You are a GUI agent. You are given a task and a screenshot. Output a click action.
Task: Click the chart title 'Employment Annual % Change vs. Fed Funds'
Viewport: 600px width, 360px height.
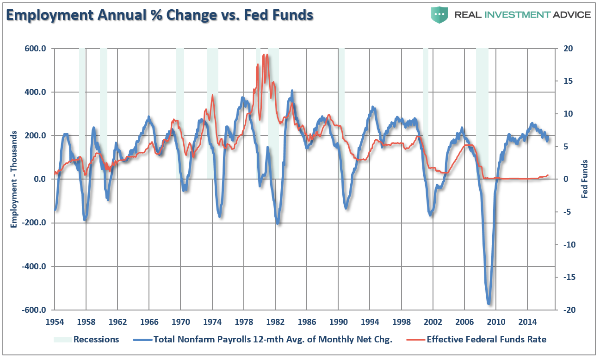click(x=160, y=15)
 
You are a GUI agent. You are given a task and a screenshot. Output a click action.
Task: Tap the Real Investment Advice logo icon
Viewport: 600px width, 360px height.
click(x=439, y=15)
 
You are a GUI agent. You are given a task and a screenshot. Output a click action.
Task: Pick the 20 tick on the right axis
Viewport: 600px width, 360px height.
click(x=567, y=49)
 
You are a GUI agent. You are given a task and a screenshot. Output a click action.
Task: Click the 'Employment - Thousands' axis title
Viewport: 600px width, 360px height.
click(x=14, y=179)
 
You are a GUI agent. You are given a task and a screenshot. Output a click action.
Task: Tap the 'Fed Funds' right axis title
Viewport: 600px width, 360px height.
click(x=585, y=179)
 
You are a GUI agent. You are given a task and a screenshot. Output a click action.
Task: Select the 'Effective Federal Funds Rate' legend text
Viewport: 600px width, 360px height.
click(x=486, y=340)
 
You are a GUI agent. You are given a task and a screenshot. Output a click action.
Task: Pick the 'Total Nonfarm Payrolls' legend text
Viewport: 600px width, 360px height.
click(x=272, y=340)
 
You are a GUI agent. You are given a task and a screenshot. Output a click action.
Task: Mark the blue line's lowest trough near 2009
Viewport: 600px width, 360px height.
click(x=489, y=304)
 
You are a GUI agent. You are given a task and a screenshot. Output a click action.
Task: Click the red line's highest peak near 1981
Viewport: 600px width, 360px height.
click(x=264, y=55)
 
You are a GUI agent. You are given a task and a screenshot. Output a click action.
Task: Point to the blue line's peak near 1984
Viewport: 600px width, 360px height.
click(x=292, y=91)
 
